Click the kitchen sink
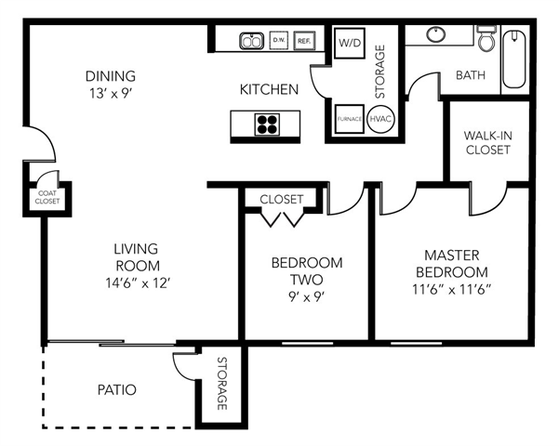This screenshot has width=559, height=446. tap(251, 41)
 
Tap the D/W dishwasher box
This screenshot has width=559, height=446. tap(279, 41)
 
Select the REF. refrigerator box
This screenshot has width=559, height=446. tap(303, 41)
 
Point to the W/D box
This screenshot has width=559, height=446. tap(350, 43)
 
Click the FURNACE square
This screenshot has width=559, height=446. tap(350, 120)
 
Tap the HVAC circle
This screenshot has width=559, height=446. tap(380, 120)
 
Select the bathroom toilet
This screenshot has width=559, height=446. tap(486, 39)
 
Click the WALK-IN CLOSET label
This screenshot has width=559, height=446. tap(487, 142)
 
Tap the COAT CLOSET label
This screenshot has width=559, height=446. tap(47, 195)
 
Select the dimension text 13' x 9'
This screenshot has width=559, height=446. tap(110, 92)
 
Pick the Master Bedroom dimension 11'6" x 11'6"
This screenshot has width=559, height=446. tap(457, 287)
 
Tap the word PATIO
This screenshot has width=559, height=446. tap(116, 389)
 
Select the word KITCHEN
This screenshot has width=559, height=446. tap(269, 90)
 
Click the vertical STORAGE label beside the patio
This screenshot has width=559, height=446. tap(222, 384)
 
